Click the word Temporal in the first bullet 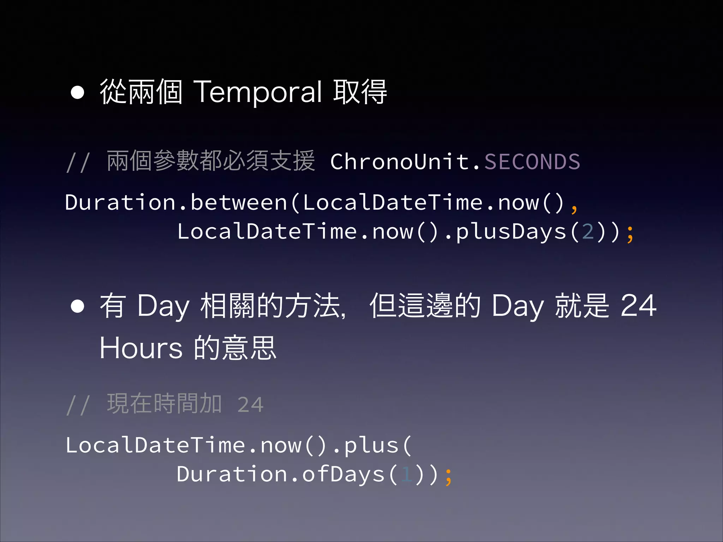[258, 92]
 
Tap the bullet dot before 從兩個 [77, 92]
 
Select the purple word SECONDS [532, 162]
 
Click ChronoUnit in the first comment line [400, 162]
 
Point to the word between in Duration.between [239, 203]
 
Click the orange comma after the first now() [574, 208]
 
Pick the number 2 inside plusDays [588, 232]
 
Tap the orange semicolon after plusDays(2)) [630, 234]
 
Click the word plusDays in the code [511, 232]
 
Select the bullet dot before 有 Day [77, 306]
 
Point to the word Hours [141, 348]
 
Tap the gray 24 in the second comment [250, 404]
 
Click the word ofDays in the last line [343, 474]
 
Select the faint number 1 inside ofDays [407, 474]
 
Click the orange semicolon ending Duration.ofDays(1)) [448, 476]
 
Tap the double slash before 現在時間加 [78, 405]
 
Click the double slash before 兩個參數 [78, 162]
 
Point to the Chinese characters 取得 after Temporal [360, 92]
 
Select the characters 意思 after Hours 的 [249, 348]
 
